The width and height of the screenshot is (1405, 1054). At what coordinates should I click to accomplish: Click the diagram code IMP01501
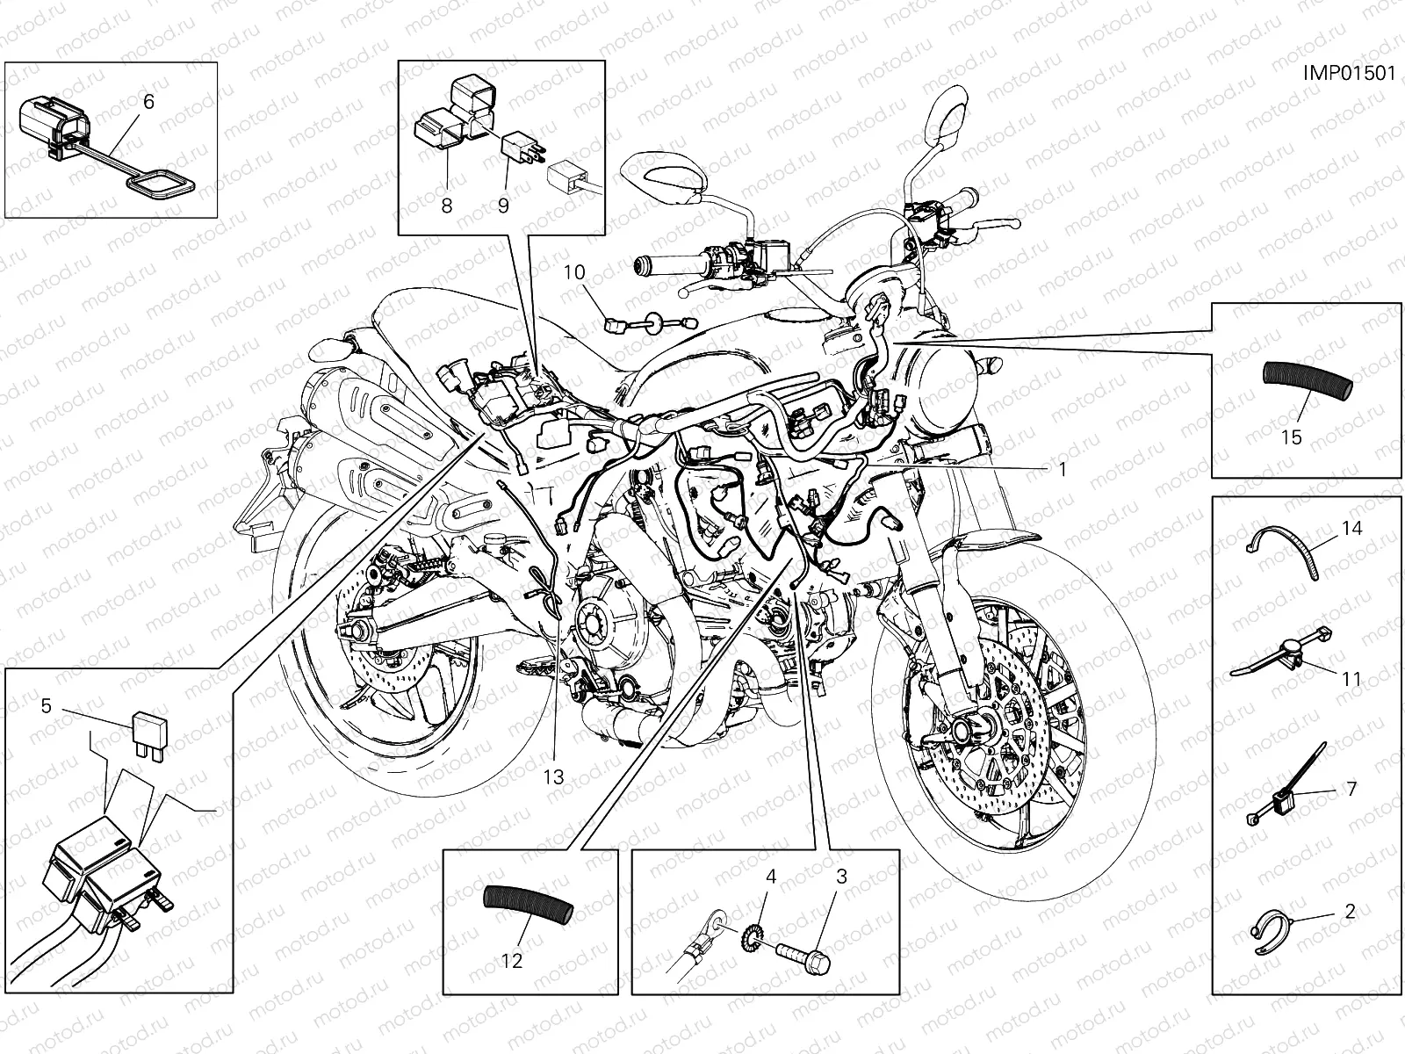click(x=1348, y=73)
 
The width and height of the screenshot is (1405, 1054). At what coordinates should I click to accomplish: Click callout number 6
click(x=148, y=103)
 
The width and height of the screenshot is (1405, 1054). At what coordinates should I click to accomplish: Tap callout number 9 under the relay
click(x=503, y=206)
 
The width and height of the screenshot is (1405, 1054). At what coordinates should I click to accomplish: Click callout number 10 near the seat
click(x=573, y=272)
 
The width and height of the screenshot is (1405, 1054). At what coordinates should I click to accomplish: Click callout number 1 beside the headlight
click(x=1062, y=469)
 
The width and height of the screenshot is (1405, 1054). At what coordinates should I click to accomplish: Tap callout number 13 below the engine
click(x=552, y=776)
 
